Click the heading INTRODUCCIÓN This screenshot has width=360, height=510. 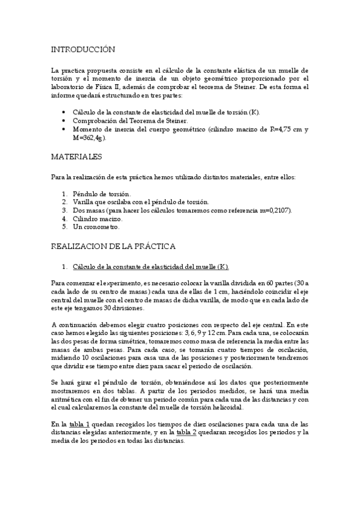click(84, 49)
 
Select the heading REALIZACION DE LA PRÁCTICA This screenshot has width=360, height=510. click(113, 246)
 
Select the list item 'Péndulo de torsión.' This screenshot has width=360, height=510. click(101, 194)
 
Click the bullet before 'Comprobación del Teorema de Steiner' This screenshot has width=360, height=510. click(64, 120)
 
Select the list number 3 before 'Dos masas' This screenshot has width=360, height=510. click(64, 210)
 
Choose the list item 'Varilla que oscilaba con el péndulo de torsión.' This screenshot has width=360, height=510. click(141, 202)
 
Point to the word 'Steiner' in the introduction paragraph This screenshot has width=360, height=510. click(269, 87)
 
